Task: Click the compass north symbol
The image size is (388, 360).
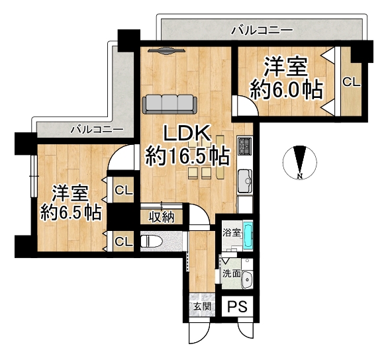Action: pyautogui.click(x=299, y=162)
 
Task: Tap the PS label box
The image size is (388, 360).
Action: pyautogui.click(x=238, y=306)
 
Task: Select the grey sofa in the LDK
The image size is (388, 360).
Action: pyautogui.click(x=168, y=103)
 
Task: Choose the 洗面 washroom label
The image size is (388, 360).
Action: pyautogui.click(x=230, y=273)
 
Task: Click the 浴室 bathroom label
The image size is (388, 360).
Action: pyautogui.click(x=231, y=233)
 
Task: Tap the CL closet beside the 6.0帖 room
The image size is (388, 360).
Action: pyautogui.click(x=350, y=82)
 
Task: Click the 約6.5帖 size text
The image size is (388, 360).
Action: pyautogui.click(x=70, y=212)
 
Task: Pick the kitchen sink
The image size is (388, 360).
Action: pyautogui.click(x=244, y=178)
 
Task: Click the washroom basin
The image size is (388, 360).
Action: pyautogui.click(x=247, y=279)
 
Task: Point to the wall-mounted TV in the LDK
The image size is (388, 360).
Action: pyautogui.click(x=166, y=50)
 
